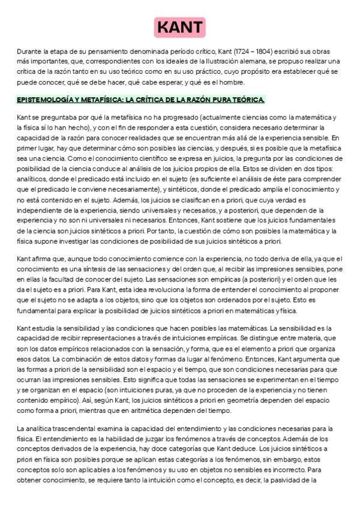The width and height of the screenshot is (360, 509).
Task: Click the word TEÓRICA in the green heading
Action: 247,99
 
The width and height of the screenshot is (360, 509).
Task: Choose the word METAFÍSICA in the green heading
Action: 97,99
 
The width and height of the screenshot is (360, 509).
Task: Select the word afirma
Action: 41,258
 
